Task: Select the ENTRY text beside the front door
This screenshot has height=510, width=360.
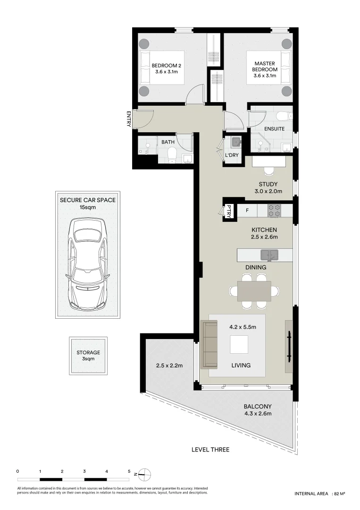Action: tap(128, 119)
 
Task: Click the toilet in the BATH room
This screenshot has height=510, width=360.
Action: tap(172, 154)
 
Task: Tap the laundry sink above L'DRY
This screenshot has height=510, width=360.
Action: tap(236, 141)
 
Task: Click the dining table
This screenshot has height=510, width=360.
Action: tap(254, 291)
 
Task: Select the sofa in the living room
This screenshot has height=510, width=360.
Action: tap(209, 344)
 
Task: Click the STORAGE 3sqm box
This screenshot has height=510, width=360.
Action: tap(88, 356)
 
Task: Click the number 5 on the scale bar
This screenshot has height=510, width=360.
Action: tap(129, 471)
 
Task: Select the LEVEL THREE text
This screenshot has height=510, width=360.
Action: tap(210, 450)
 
